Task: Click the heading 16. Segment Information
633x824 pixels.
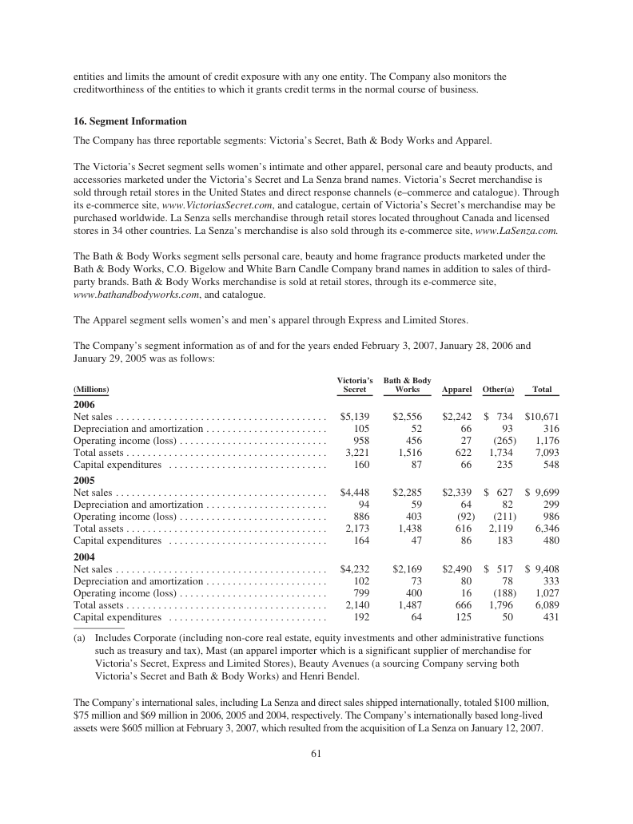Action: point(129,121)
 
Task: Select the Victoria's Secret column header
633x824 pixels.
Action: point(355,385)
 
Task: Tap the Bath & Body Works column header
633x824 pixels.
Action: point(407,385)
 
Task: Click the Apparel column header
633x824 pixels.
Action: point(456,390)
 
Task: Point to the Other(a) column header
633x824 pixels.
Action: point(498,390)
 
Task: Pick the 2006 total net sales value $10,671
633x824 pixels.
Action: point(542,417)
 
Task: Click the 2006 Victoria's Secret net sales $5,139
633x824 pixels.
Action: point(355,417)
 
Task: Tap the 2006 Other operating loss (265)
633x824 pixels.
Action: point(504,442)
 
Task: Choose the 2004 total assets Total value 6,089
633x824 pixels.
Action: point(547,605)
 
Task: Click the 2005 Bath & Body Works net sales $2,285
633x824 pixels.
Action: point(407,492)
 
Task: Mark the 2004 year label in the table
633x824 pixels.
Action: point(84,555)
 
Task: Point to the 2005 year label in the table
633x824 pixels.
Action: point(84,480)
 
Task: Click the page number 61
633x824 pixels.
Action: point(316,758)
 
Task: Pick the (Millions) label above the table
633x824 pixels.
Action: point(91,390)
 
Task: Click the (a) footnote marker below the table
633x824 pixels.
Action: point(80,639)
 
